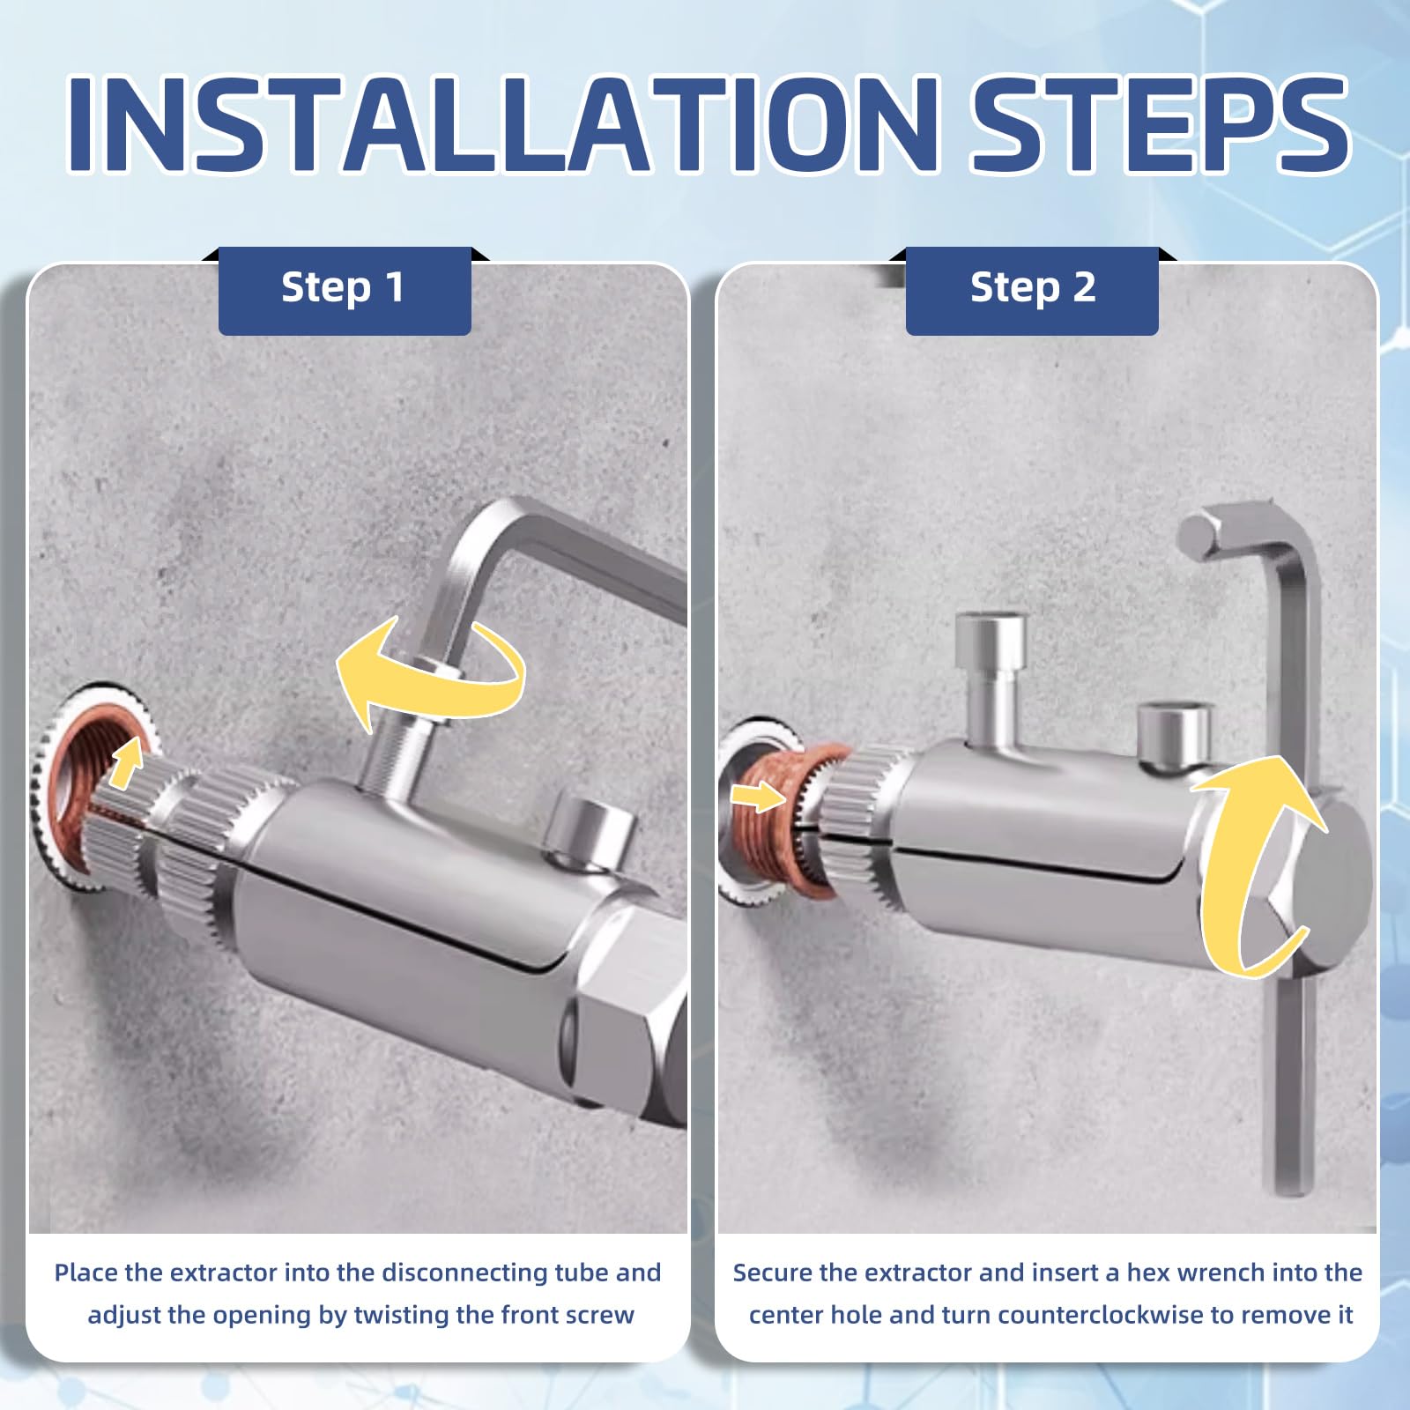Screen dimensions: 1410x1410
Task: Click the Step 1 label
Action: (344, 288)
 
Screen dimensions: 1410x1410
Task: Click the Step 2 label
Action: (1033, 288)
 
